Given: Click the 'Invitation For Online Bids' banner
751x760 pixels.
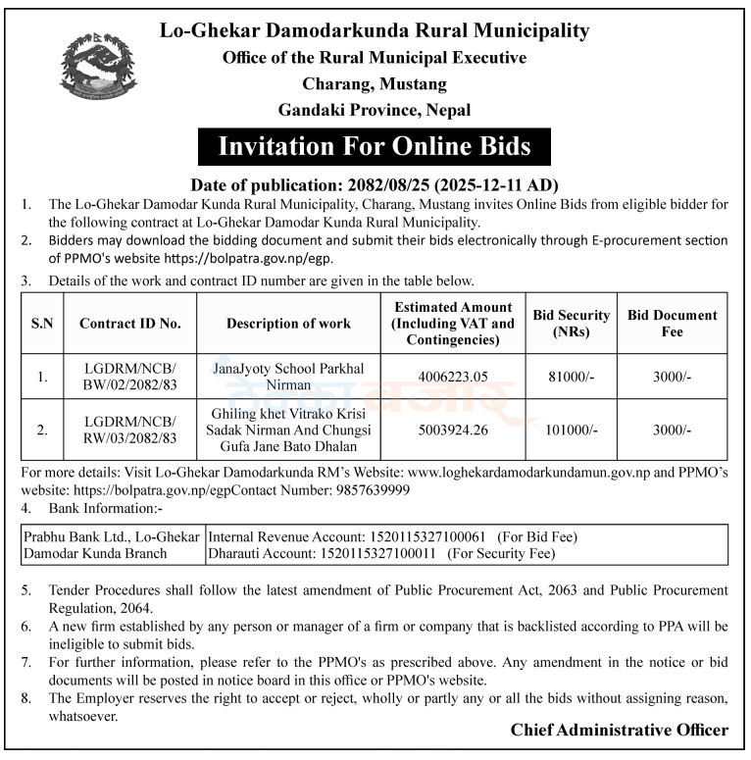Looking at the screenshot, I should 374,147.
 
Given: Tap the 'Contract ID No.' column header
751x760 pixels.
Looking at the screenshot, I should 130,323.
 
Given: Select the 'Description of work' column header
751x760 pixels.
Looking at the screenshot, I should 288,323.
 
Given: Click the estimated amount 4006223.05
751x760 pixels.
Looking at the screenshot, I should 452,375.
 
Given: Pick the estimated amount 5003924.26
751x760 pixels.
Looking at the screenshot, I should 452,430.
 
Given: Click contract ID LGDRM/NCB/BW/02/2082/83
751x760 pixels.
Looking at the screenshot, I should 130,375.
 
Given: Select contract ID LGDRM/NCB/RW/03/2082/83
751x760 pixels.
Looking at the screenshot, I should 130,430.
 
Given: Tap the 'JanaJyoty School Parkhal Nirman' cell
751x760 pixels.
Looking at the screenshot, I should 288,375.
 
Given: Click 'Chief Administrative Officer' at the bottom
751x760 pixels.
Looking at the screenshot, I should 619,730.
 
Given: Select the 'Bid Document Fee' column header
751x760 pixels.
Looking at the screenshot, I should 672,323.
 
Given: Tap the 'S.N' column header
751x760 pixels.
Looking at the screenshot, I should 42,323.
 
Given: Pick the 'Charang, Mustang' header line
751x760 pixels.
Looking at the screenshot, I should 374,83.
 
